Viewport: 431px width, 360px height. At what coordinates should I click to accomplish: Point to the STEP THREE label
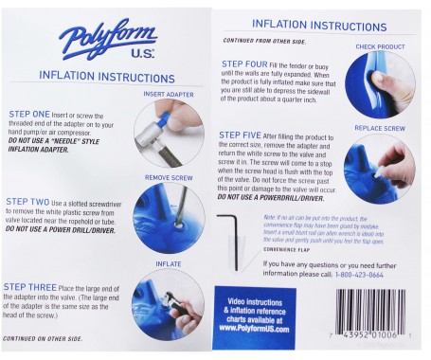(x=34, y=285)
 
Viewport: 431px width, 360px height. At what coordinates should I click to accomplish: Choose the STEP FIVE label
(x=242, y=135)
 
